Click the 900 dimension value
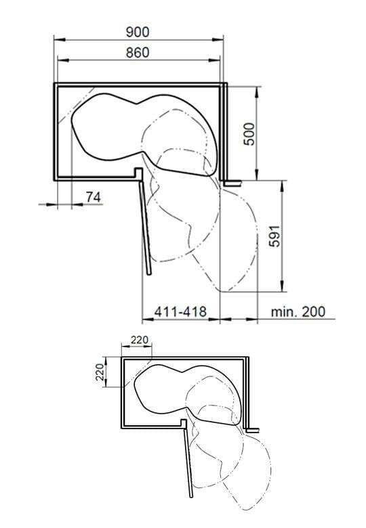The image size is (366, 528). [137, 32]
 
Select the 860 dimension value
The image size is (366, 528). [137, 53]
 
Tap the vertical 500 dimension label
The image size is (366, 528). [249, 133]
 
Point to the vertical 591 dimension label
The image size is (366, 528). [274, 236]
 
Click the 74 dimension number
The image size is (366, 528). [94, 197]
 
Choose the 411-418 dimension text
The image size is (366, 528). [180, 311]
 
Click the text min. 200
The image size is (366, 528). [298, 311]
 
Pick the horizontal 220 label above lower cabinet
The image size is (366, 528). [140, 340]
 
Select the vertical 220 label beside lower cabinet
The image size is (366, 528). [100, 372]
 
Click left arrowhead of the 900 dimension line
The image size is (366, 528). [59, 39]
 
